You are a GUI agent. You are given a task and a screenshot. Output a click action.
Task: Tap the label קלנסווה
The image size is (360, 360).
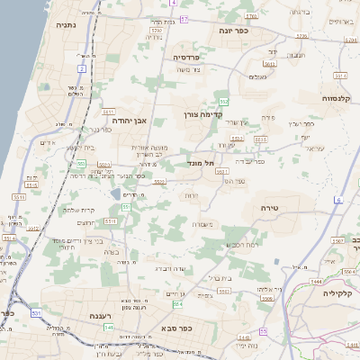click(x=341, y=97)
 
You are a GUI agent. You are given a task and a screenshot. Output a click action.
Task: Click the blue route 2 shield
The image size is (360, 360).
click(x=81, y=68)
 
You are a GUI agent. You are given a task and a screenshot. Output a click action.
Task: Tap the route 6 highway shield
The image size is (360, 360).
click(x=339, y=199)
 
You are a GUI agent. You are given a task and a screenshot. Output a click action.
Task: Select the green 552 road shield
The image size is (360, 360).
click(x=223, y=102)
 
